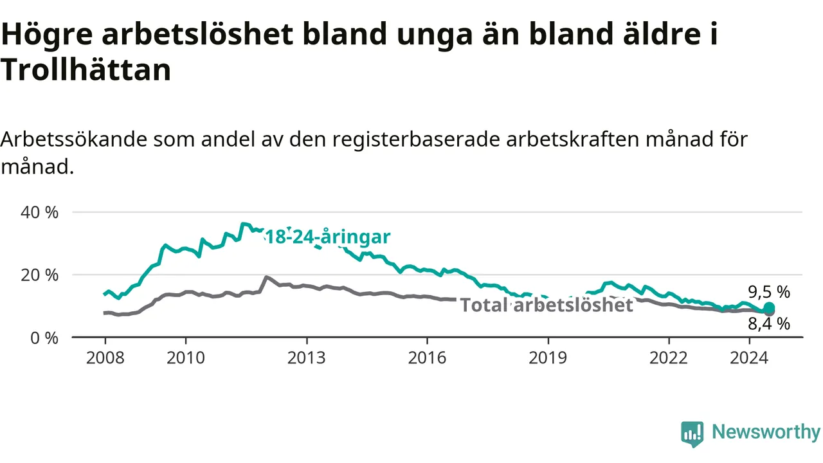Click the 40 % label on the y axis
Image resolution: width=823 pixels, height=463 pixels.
click(39, 212)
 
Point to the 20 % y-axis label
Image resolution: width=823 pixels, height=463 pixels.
click(39, 275)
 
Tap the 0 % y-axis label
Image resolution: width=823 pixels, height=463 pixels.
click(44, 338)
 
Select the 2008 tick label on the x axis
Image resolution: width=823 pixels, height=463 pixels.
click(105, 358)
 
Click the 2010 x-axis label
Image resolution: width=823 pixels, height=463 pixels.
click(186, 358)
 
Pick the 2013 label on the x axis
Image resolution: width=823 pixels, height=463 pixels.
click(307, 358)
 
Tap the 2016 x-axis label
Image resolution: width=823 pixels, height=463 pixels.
click(427, 358)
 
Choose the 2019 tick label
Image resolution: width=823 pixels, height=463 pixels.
click(548, 358)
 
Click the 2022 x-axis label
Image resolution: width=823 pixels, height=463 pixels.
click(668, 358)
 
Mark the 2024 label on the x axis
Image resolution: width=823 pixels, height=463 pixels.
click(749, 358)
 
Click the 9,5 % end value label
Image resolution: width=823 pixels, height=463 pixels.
click(769, 292)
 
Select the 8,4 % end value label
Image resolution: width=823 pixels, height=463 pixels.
click(769, 324)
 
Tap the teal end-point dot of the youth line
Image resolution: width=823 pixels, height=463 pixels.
click(769, 307)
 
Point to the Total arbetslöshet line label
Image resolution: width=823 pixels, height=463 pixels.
click(547, 305)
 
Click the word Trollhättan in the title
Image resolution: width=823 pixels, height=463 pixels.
click(86, 69)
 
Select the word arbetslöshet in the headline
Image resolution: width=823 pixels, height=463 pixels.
click(197, 34)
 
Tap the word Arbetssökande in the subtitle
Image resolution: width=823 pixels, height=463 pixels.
click(74, 140)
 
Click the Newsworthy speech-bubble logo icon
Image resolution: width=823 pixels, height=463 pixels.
click(692, 434)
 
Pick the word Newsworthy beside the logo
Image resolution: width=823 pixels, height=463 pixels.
click(766, 431)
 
